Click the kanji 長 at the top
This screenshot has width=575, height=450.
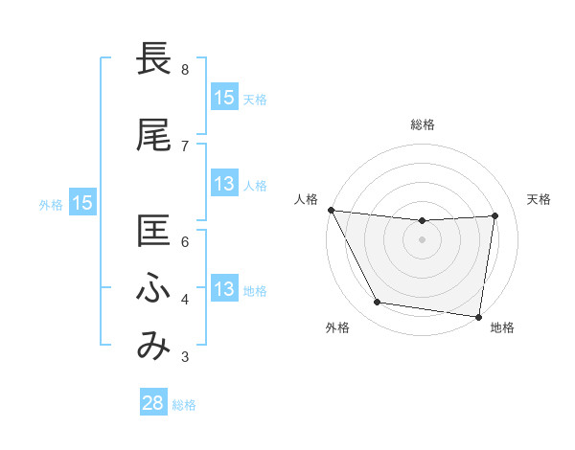154,60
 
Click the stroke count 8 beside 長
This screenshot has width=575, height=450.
185,70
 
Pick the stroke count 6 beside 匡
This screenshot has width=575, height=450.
185,241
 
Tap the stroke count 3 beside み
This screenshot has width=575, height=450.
185,357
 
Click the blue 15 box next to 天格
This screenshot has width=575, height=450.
223,98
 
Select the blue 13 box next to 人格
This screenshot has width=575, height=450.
223,184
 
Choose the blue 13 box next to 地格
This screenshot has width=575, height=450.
223,289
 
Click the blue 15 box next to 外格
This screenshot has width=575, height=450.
82,203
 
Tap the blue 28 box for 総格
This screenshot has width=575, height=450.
153,403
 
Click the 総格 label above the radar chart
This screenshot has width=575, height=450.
423,124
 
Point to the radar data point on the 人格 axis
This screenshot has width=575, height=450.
331,210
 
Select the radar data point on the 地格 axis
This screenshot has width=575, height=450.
478,316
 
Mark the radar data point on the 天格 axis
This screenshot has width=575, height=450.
495,215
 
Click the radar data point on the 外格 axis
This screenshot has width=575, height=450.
377,304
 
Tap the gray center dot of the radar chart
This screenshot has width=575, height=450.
423,239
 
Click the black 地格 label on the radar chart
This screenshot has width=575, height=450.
502,327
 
